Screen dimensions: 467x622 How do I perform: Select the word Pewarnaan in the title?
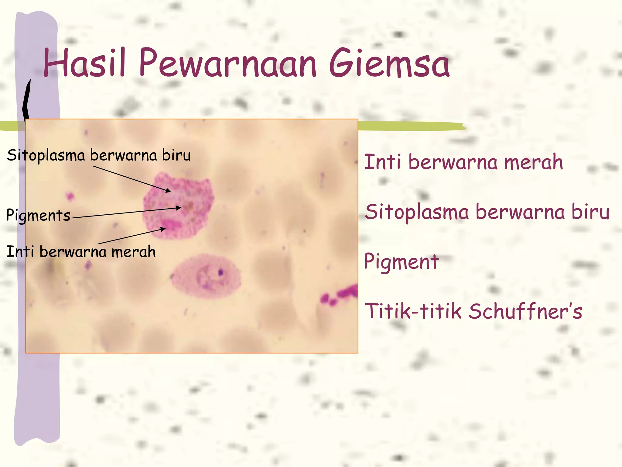(228, 64)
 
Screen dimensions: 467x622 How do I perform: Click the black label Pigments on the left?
(38, 215)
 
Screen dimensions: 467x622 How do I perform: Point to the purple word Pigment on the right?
(401, 261)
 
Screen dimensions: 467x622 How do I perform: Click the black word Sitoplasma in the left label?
(46, 155)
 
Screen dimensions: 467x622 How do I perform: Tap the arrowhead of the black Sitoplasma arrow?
(168, 191)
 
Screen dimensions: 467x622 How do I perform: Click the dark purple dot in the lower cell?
(220, 272)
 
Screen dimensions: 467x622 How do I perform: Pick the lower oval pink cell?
(206, 277)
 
